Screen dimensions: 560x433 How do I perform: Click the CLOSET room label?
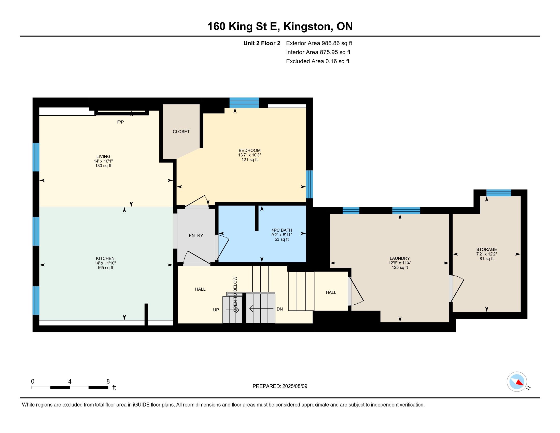coord(181,132)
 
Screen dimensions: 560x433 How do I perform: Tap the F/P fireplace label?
coord(120,122)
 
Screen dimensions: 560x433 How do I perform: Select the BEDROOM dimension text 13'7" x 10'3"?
coord(249,155)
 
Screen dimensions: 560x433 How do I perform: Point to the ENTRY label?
coord(196,236)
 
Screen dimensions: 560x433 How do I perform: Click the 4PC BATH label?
coord(282,230)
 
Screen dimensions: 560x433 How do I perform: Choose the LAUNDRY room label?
coord(400,258)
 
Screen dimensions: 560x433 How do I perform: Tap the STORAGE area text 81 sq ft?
coord(487,259)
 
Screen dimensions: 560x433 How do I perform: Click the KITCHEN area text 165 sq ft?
coord(105,267)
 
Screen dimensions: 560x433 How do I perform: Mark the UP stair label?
coord(216,310)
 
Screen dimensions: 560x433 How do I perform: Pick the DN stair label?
coord(280,309)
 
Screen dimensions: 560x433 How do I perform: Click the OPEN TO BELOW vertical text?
coord(235,294)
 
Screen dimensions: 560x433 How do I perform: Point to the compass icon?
coord(517,382)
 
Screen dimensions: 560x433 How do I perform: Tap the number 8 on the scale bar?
coord(108,381)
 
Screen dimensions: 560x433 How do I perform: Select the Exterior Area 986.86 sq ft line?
coord(319,43)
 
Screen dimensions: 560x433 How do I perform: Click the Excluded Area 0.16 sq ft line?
coord(318,61)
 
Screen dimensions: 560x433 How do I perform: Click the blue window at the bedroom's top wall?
coord(244,103)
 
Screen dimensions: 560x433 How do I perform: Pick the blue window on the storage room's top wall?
coord(499,193)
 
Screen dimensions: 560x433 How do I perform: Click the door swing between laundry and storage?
coord(457,289)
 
